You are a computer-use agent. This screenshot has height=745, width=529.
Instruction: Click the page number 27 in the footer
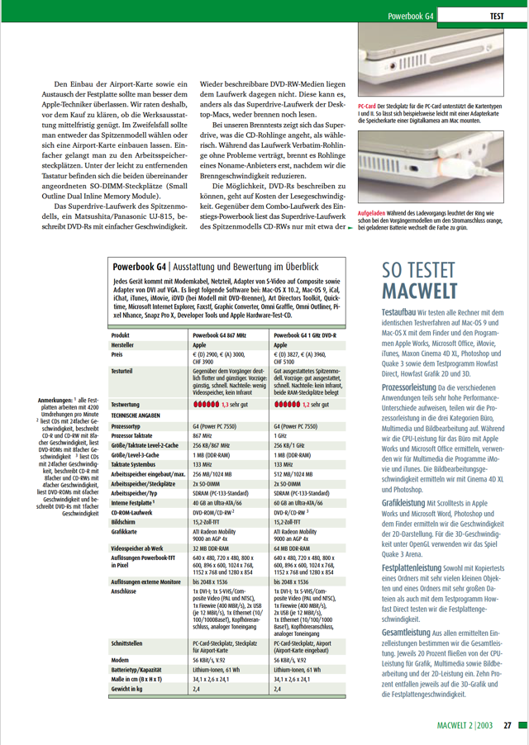(509, 727)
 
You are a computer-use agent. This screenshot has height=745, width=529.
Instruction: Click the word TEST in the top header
(498, 16)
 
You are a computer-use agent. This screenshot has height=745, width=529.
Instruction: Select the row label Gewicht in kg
(131, 687)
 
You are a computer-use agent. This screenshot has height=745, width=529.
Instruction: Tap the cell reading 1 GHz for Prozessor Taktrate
(281, 434)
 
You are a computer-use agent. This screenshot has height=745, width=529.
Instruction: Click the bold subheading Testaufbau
(398, 314)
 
